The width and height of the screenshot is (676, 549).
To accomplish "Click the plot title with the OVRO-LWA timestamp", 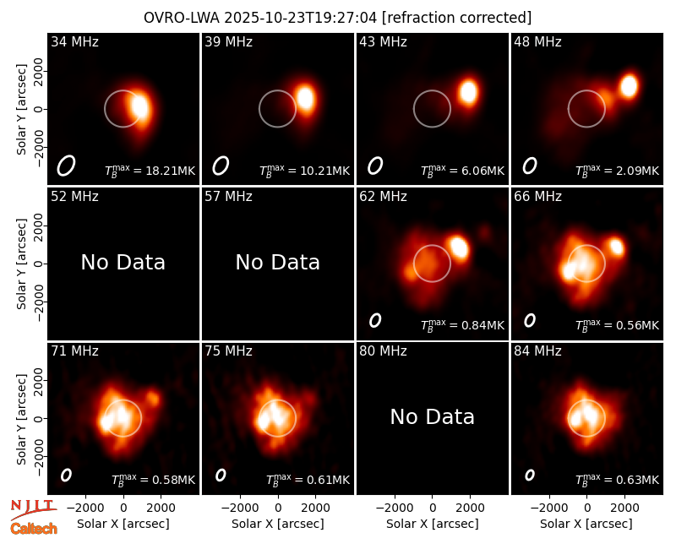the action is (x=337, y=18).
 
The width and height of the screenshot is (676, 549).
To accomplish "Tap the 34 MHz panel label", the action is (x=74, y=41).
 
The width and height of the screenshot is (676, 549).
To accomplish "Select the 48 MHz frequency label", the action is (x=537, y=41).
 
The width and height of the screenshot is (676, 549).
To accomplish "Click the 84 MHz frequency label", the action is (x=537, y=351).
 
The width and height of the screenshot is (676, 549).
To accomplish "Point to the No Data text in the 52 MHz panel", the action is (x=123, y=262).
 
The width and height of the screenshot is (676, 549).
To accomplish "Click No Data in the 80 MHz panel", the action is (x=432, y=416).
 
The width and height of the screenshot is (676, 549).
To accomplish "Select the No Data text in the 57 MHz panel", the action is (x=278, y=262).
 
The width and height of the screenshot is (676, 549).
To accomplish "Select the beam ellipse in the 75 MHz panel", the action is (x=221, y=475).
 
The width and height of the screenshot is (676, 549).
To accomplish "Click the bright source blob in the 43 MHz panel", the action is (x=468, y=92).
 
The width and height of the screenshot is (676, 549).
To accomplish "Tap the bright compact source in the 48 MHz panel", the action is (x=629, y=86).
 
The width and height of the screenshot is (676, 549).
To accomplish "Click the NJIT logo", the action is (x=33, y=508).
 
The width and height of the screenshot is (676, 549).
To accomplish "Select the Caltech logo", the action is (x=34, y=529).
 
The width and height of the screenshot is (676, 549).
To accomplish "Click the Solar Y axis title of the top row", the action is (x=21, y=110).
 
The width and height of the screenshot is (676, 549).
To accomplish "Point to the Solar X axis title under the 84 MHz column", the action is (x=586, y=524).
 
